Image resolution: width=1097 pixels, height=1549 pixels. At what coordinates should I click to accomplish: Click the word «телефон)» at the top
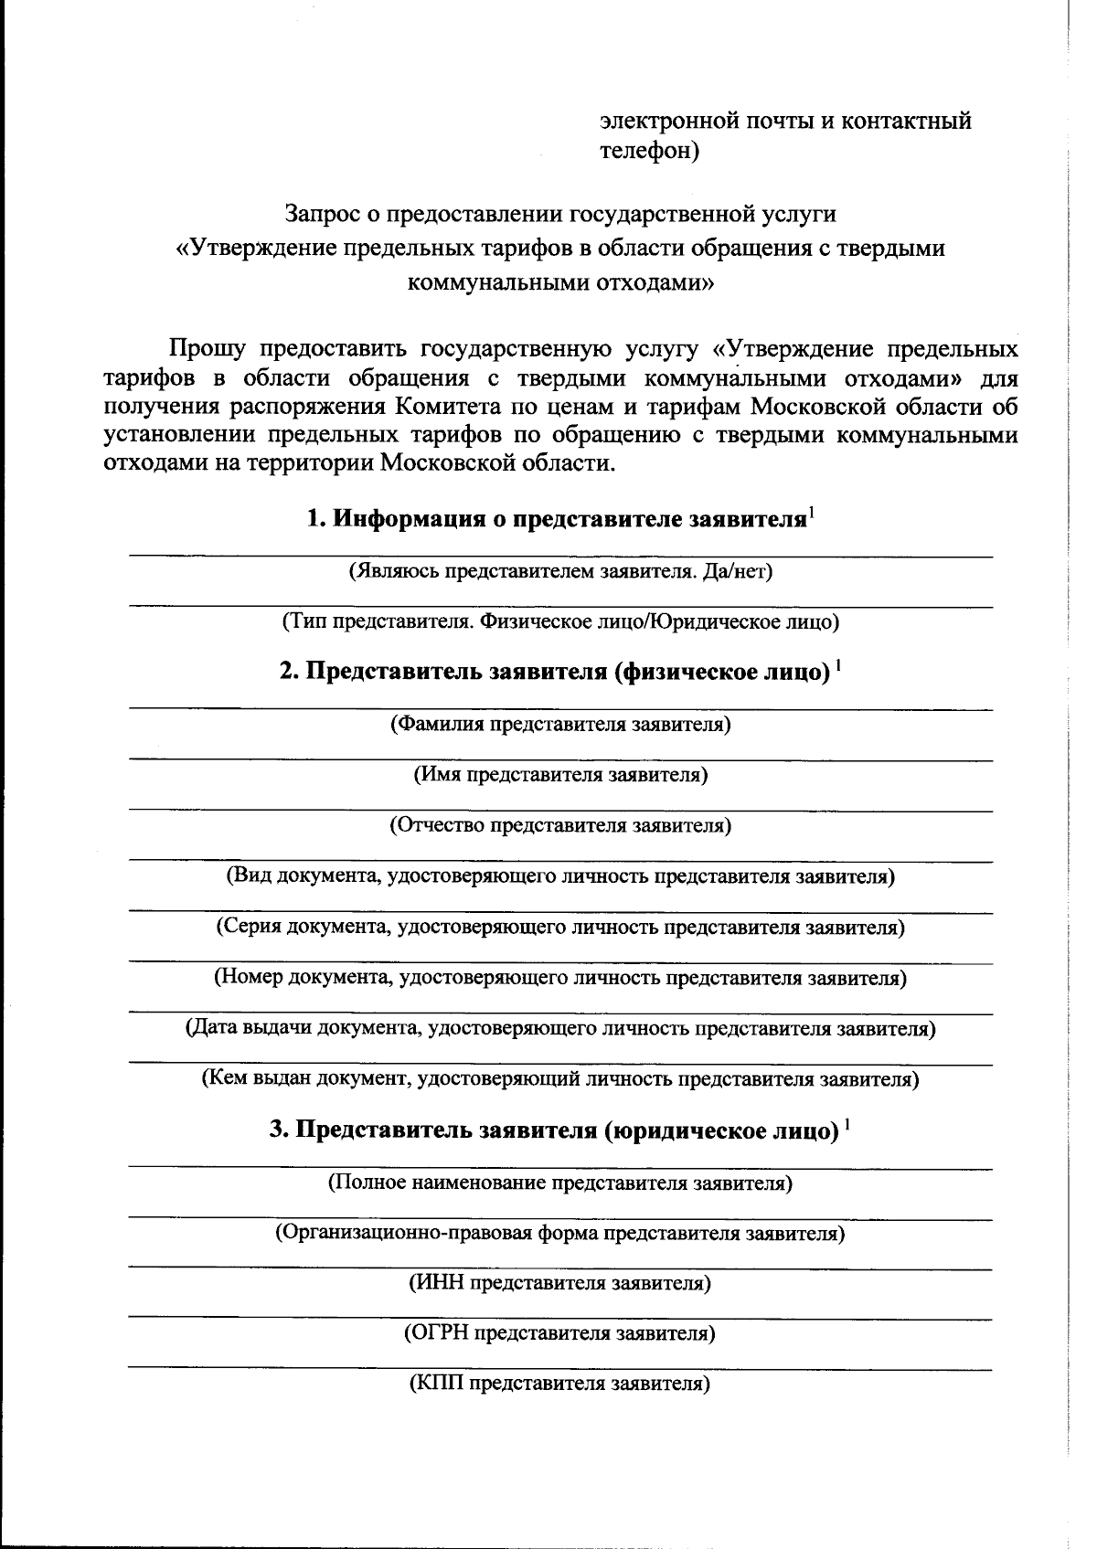point(649,151)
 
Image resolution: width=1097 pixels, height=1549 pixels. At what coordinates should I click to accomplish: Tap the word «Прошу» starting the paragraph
point(206,350)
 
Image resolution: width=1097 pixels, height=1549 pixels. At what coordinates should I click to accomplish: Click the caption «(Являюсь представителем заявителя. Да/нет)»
point(560,572)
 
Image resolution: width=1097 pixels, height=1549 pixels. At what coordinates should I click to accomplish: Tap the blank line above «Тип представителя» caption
point(560,606)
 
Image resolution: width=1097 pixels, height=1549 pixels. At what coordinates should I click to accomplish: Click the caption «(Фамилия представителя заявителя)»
point(560,725)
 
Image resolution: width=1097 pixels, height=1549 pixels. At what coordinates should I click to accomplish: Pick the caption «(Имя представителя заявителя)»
point(560,775)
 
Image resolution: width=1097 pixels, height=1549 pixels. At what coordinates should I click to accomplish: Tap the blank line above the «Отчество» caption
point(560,810)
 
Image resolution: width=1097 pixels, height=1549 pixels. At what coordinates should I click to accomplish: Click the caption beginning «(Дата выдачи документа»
point(560,1029)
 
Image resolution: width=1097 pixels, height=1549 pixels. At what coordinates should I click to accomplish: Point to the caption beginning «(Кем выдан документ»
point(560,1079)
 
